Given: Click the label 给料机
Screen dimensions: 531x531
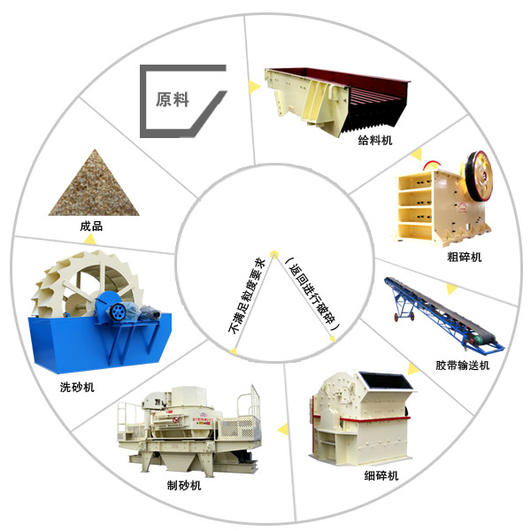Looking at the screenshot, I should (374, 140).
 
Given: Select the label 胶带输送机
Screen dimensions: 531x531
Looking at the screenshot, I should (462, 366).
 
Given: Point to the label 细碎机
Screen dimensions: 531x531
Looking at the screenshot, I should (381, 476).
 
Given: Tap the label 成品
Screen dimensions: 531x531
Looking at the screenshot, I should (91, 226).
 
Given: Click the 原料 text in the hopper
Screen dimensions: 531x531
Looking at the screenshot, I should (173, 99).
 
